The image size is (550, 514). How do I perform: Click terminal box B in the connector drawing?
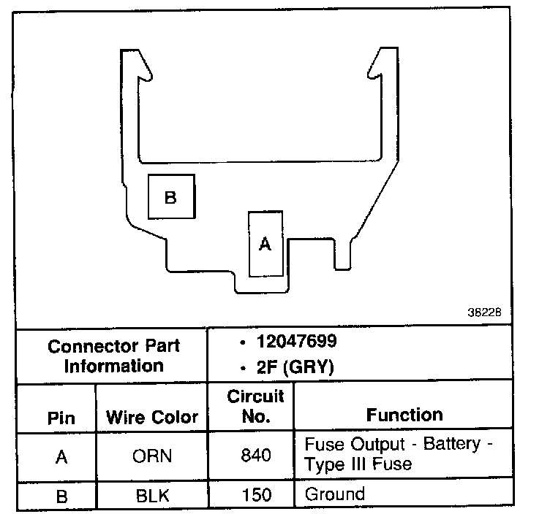[x=171, y=196]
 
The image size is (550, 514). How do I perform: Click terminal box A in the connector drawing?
[x=265, y=244]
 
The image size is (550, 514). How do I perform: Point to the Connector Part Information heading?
[x=113, y=355]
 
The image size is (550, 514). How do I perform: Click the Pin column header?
[x=61, y=418]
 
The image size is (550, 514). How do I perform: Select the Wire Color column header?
[x=152, y=418]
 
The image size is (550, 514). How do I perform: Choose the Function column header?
[x=404, y=415]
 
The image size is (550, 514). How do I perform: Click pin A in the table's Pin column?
[x=61, y=456]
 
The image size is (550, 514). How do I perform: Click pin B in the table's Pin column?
[x=61, y=496]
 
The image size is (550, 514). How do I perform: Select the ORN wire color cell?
[x=152, y=456]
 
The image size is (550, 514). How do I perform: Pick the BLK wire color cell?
[x=152, y=496]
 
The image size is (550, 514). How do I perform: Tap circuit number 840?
[x=255, y=456]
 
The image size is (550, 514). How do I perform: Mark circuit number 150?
[x=255, y=496]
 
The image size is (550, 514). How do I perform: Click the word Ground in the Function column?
[x=334, y=494]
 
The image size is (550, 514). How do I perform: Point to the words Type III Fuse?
[x=358, y=464]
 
